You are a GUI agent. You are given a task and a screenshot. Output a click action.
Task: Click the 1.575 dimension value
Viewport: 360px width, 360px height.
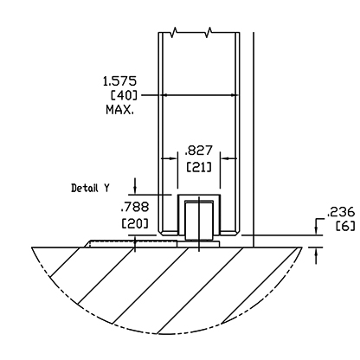pos(119,81)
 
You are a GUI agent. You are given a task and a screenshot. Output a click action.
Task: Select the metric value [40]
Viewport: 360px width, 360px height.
pos(124,95)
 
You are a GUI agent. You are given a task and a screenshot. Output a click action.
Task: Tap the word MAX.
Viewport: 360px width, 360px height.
pos(120,110)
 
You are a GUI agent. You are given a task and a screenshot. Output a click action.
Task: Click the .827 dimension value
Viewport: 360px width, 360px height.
pos(198,151)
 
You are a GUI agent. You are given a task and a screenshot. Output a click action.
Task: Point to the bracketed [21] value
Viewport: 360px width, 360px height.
pos(199,167)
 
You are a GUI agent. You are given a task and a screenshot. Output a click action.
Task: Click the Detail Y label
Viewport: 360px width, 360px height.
pos(90,188)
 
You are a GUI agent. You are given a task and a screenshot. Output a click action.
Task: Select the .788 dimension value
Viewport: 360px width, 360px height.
pos(135,207)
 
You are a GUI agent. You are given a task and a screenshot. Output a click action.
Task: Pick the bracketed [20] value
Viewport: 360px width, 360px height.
pos(135,223)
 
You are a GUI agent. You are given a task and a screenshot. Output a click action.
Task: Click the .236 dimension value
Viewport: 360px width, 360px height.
pos(340,212)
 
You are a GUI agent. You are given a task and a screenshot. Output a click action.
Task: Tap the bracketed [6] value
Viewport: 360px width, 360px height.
pos(345,226)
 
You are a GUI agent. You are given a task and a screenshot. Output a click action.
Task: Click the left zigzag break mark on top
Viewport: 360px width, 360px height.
pos(174,32)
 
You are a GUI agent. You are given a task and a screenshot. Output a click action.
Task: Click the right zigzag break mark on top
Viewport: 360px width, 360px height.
pos(209,32)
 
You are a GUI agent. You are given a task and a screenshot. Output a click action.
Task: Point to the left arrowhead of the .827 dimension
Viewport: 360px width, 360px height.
pos(173,158)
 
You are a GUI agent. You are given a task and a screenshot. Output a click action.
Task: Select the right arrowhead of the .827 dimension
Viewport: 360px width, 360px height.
pos(225,158)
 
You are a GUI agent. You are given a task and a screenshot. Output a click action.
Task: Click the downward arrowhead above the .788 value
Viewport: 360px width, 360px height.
pos(135,190)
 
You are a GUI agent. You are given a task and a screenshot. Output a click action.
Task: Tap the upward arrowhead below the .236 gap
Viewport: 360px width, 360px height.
pos(317,252)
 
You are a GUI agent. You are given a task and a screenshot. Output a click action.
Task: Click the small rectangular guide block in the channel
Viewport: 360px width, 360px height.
pos(199,222)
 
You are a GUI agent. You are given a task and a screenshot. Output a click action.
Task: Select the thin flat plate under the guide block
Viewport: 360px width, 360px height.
pos(198,244)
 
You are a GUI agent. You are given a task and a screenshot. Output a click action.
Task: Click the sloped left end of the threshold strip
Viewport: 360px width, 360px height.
pos(87,244)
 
